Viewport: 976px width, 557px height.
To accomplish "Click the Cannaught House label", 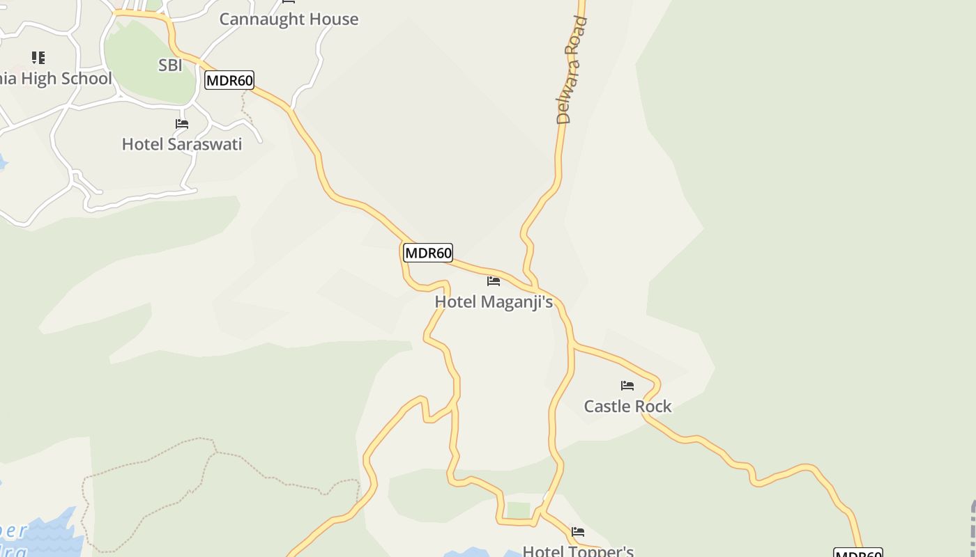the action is point(289,19).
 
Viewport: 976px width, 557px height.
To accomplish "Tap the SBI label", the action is point(170,65).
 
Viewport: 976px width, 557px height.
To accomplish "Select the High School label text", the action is point(56,79).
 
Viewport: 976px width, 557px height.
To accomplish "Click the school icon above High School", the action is point(38,58).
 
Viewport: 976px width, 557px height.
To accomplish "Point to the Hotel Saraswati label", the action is point(182,144).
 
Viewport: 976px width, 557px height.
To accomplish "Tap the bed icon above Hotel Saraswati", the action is point(182,124).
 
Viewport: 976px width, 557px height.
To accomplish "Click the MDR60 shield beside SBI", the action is point(229,80).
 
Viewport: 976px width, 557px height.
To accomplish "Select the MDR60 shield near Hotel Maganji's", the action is point(428,253).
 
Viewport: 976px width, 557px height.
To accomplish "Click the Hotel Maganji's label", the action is point(494,301).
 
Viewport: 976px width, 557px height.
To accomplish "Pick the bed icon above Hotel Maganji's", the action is point(494,281).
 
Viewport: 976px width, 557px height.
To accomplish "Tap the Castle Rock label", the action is point(627,406).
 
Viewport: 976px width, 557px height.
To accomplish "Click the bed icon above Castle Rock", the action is point(627,386).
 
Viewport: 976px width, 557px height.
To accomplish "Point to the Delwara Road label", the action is point(573,70).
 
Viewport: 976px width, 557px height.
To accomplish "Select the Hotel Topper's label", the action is point(578,551).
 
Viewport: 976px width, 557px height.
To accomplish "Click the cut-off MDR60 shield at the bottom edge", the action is point(858,553).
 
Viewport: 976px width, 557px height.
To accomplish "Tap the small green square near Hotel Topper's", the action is point(518,510).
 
